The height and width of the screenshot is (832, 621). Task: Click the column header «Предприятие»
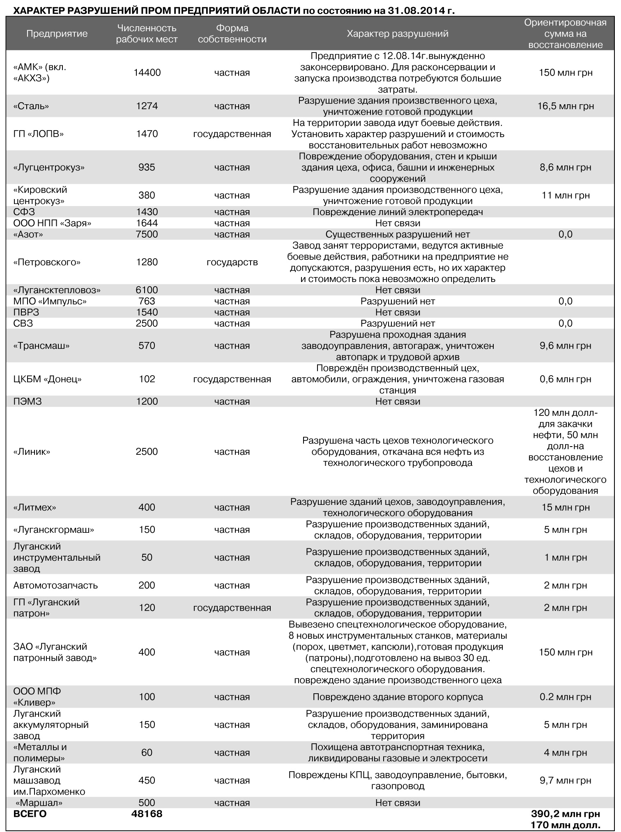coord(57,34)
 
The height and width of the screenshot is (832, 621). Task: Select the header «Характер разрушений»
coord(397,34)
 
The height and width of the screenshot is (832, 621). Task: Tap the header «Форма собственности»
coord(232,34)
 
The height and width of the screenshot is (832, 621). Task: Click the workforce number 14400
coord(147,73)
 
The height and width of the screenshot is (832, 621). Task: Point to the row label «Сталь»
coord(31,106)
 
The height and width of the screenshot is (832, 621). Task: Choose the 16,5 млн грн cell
coord(565,106)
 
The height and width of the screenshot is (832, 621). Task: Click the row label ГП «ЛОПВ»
coord(39,134)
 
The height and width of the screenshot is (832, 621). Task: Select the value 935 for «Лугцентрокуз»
coord(147,167)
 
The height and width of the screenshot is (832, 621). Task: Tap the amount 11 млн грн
coord(565,195)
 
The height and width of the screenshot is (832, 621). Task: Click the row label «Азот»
coord(28,234)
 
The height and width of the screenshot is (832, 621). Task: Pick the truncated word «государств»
coord(232,262)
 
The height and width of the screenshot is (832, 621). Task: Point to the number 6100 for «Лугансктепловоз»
coord(147,290)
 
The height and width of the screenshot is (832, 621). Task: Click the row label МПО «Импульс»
coord(50,301)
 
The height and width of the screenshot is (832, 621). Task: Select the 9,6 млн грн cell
coord(565,346)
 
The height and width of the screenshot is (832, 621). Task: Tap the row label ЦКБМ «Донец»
coord(47,379)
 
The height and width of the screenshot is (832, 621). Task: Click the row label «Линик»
coord(32,452)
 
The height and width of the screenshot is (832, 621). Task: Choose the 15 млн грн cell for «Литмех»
coord(565,507)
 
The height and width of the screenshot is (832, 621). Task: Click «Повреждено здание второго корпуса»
coord(397,697)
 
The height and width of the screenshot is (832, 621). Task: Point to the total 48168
coord(147,814)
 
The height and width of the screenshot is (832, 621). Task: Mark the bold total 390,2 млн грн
coord(565,814)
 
